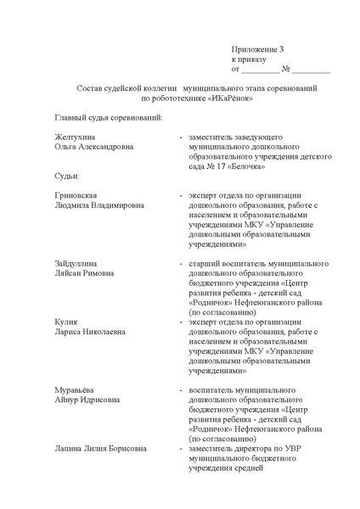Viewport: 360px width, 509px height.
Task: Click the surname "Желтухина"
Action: point(75,136)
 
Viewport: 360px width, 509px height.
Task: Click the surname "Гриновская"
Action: point(77,195)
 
